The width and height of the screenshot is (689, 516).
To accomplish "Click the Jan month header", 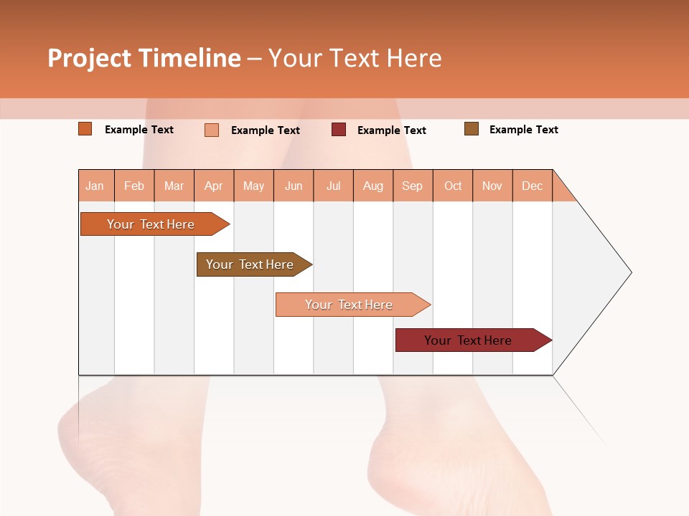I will [95, 186].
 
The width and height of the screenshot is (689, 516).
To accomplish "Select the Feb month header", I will [134, 186].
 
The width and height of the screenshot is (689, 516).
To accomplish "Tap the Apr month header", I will [214, 186].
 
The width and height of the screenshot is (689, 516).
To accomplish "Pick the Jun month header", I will [294, 186].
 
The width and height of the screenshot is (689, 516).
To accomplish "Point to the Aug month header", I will [373, 186].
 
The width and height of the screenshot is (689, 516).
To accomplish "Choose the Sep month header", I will [413, 186].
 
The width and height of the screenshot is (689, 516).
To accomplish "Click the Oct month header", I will [453, 186].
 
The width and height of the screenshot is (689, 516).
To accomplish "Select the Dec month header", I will [533, 186].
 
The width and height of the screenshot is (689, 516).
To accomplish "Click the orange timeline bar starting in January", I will [151, 224].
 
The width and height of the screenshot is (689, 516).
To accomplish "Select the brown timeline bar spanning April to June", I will [250, 264].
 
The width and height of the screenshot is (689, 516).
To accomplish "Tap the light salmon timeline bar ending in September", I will [349, 305].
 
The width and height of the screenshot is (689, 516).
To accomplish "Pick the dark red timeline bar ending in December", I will [468, 340].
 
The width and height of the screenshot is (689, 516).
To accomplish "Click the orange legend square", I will [85, 129].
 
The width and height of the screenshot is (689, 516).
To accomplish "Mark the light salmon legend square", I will [212, 130].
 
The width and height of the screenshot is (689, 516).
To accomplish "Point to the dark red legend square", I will [339, 130].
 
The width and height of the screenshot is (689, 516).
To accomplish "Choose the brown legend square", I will [472, 129].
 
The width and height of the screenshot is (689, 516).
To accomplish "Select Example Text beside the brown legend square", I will [523, 130].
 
